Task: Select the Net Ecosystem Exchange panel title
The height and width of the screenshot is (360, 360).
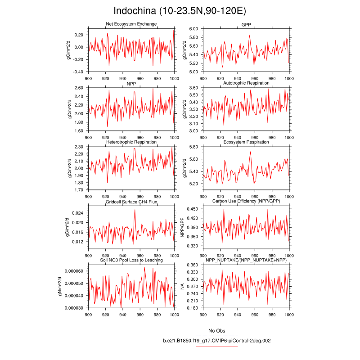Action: pos(131,24)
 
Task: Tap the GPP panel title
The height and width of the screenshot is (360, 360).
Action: pos(246,24)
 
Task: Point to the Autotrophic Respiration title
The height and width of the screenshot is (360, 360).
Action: pos(246,83)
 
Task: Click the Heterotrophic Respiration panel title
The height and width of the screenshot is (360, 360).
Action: pos(131,142)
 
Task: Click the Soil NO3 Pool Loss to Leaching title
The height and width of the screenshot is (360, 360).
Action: pos(131,260)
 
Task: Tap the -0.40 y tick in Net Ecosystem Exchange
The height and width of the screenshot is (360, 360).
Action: pos(79,72)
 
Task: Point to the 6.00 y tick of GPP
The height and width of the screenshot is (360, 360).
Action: pos(193,29)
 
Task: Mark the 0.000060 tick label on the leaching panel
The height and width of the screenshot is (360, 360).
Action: pos(74,271)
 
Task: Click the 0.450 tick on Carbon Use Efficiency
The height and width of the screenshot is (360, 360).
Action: pos(193,209)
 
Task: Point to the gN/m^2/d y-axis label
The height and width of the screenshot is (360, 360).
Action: pos(68,287)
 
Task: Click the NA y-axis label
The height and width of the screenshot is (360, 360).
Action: pos(183,287)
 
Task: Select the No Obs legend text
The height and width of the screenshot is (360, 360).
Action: pos(217,331)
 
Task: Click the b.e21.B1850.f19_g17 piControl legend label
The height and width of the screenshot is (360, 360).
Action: pos(217,341)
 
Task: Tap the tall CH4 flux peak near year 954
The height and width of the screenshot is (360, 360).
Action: pos(135,210)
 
